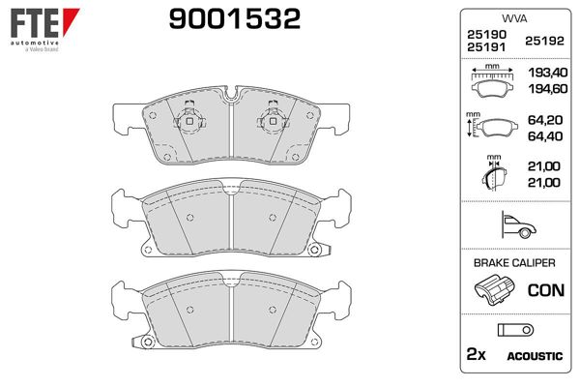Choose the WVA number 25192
click(x=542, y=40)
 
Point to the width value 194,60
click(x=544, y=88)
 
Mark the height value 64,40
click(x=544, y=136)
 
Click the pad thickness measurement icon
click(x=493, y=176)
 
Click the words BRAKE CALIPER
click(x=512, y=262)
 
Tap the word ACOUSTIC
click(x=534, y=356)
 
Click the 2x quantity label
click(x=477, y=355)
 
